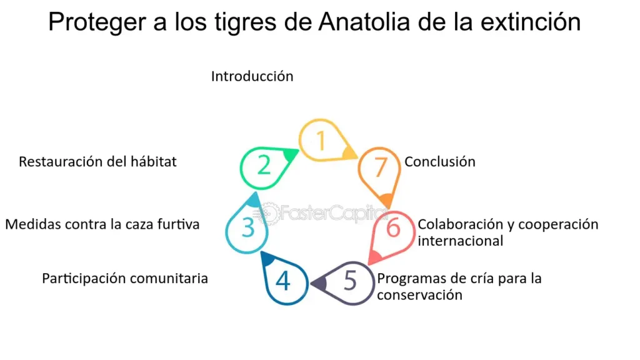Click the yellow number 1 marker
(321, 140)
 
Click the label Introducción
(252, 76)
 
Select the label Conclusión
(440, 162)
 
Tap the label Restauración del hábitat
(97, 162)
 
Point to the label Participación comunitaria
(125, 279)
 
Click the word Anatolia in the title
(364, 22)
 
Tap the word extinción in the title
(530, 22)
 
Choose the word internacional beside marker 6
(461, 241)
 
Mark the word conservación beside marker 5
(419, 295)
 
